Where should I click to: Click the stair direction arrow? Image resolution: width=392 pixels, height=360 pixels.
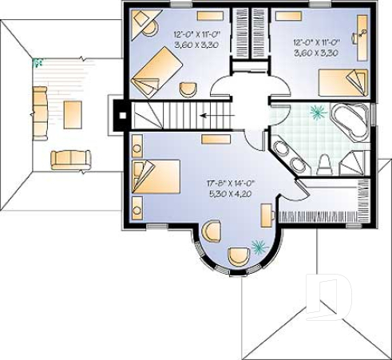coord(211,115)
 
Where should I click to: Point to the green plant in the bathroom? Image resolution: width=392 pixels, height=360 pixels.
coord(318,113)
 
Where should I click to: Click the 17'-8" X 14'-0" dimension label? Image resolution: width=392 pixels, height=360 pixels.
coord(230,182)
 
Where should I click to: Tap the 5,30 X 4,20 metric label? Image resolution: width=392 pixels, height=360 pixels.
coord(230,192)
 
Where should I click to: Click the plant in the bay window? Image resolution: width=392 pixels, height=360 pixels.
coord(259,247)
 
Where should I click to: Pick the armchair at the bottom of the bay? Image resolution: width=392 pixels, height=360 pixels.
coord(238,256)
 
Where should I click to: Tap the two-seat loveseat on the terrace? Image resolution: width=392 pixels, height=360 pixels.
coord(70,159)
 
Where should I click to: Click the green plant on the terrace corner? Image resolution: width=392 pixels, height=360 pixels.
coord(37,63)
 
